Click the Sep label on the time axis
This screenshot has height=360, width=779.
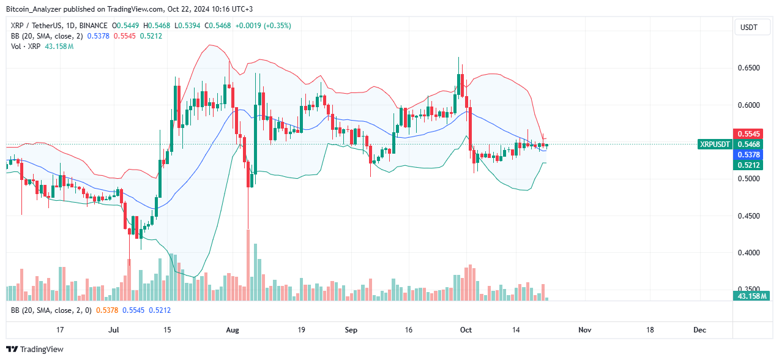(351, 330)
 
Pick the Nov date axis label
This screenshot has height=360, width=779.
(584, 330)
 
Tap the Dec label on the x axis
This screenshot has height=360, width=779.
(699, 330)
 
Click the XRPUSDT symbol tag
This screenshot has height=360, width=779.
(715, 144)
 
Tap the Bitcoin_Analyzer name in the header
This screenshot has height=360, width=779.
(37, 9)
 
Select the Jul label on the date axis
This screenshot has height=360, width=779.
(114, 330)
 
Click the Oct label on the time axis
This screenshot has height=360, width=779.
(466, 330)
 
